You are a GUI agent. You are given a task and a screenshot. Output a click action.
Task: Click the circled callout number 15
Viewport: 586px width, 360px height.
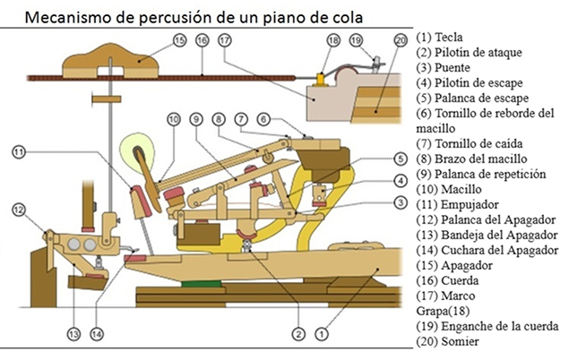(179, 39)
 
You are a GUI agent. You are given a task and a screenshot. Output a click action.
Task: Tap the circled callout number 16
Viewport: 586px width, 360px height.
(203, 39)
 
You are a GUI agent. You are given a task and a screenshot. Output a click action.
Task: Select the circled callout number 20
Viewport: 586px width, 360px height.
(400, 39)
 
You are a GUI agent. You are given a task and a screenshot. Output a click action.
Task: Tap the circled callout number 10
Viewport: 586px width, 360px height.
(173, 118)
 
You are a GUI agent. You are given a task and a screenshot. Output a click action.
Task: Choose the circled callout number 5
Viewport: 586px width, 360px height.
(400, 159)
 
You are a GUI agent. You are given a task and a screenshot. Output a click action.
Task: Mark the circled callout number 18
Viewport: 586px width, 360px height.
(333, 39)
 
